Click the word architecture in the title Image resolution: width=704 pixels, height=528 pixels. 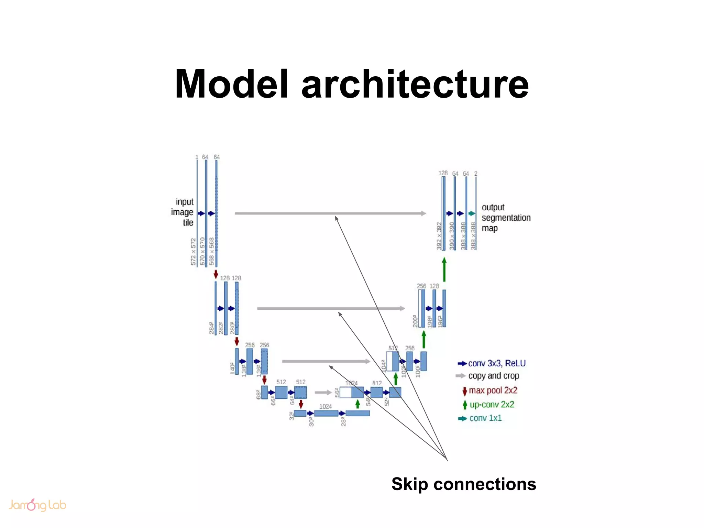pos(415,84)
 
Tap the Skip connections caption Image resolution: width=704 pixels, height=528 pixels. pos(463,484)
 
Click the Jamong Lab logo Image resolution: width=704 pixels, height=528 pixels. pos(37,505)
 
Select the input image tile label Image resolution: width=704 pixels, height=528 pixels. pos(183,212)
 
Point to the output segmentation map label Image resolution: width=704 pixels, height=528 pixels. pos(506,218)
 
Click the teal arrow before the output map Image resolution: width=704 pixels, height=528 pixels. pos(472,213)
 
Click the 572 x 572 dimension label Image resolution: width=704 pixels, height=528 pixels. pos(193,252)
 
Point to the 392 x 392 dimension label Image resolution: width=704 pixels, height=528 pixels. pos(439,236)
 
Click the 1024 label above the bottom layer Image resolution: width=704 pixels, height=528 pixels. pos(325,407)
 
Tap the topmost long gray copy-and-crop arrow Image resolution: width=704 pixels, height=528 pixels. pos(330,213)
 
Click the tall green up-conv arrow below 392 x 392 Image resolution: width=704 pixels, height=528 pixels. pos(444,270)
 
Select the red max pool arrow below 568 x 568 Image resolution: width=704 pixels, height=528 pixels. pos(216,274)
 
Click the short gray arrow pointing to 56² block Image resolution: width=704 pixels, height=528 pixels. pos(323,392)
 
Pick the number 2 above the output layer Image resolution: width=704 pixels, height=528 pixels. pos(476,174)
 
